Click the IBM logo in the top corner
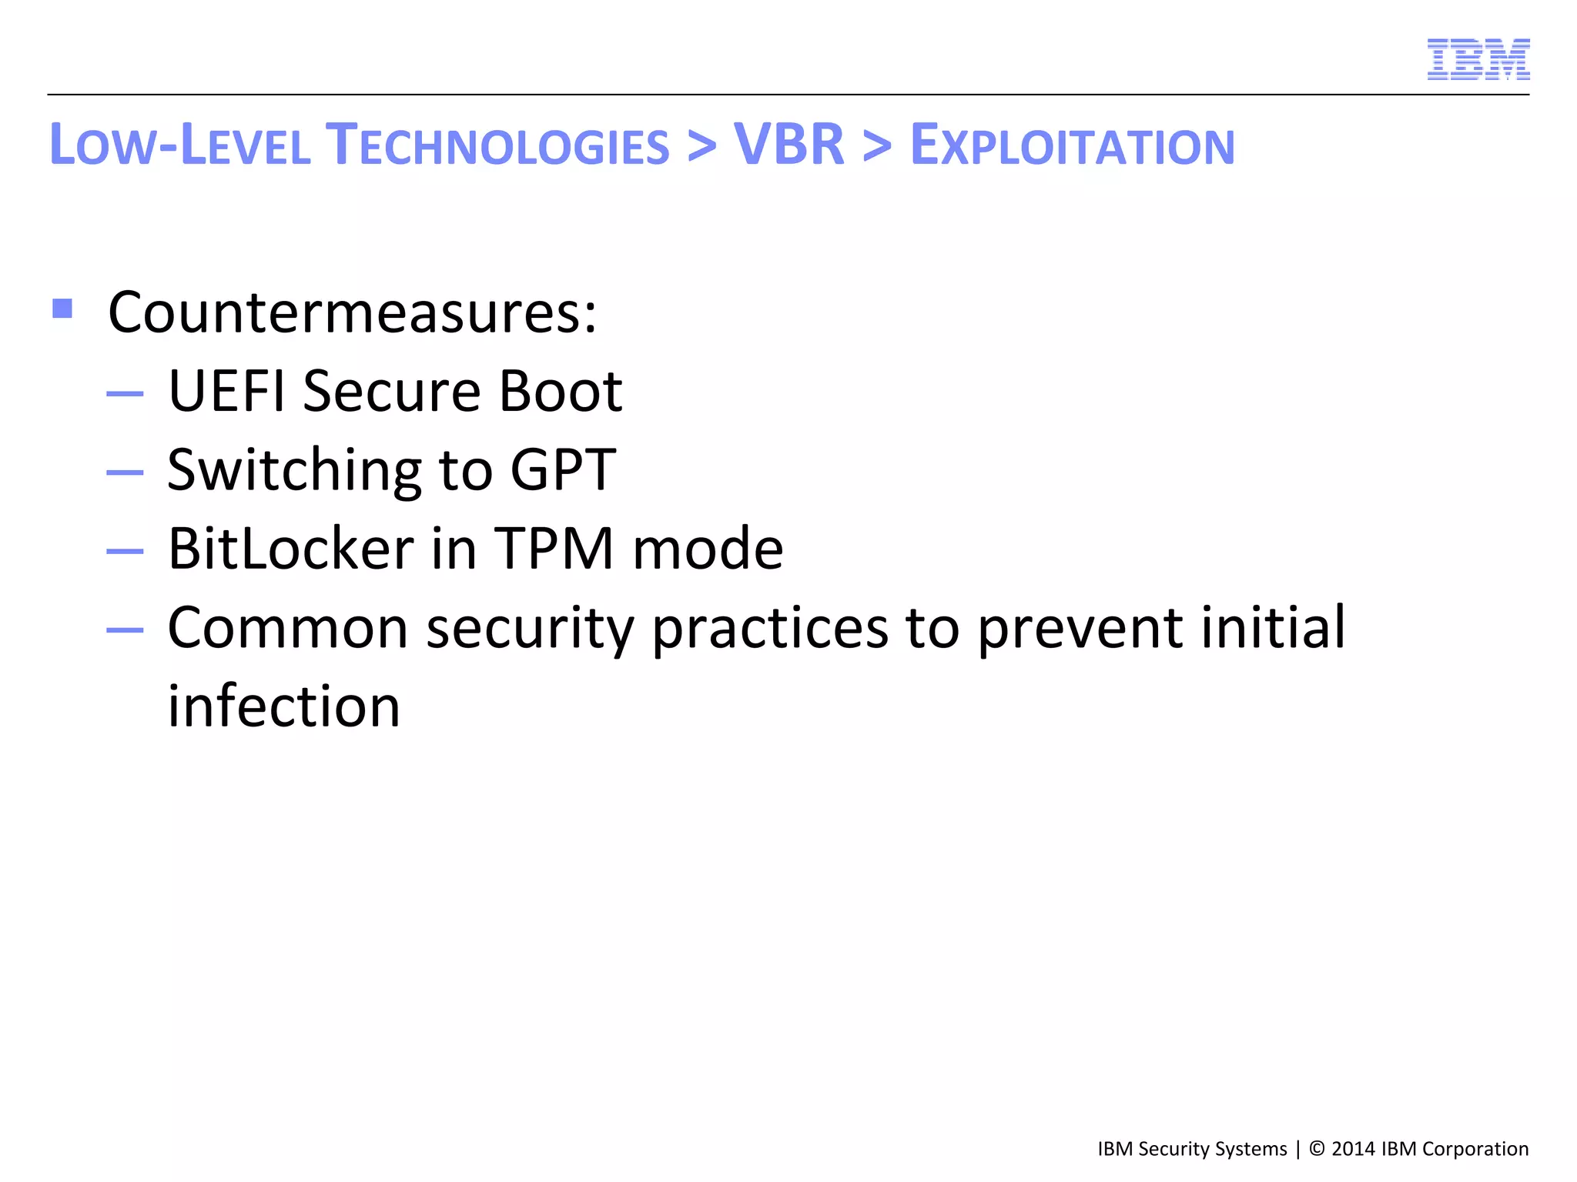1478,59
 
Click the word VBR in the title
788,145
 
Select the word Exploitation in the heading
1072,146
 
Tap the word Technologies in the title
497,146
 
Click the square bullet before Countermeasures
62,309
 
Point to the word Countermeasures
352,313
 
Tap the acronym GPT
563,470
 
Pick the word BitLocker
291,549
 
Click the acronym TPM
553,549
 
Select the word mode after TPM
708,549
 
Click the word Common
287,628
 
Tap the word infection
284,706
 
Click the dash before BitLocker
125,551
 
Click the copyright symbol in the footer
1317,1149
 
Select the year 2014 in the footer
1353,1149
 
